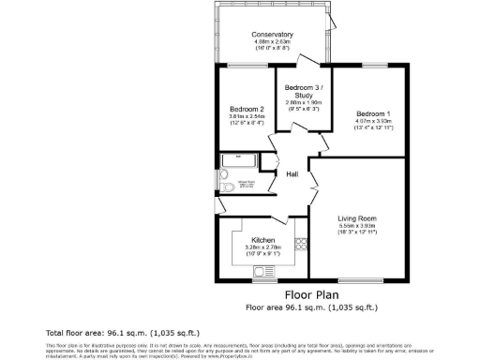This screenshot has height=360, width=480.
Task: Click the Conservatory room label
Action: (x=272, y=36)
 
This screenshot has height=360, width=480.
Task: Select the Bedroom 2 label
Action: (x=247, y=109)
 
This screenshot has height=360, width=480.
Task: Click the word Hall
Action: (x=292, y=174)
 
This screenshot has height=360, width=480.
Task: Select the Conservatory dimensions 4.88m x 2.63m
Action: (x=272, y=43)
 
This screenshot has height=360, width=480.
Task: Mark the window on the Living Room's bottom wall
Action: (x=360, y=280)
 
